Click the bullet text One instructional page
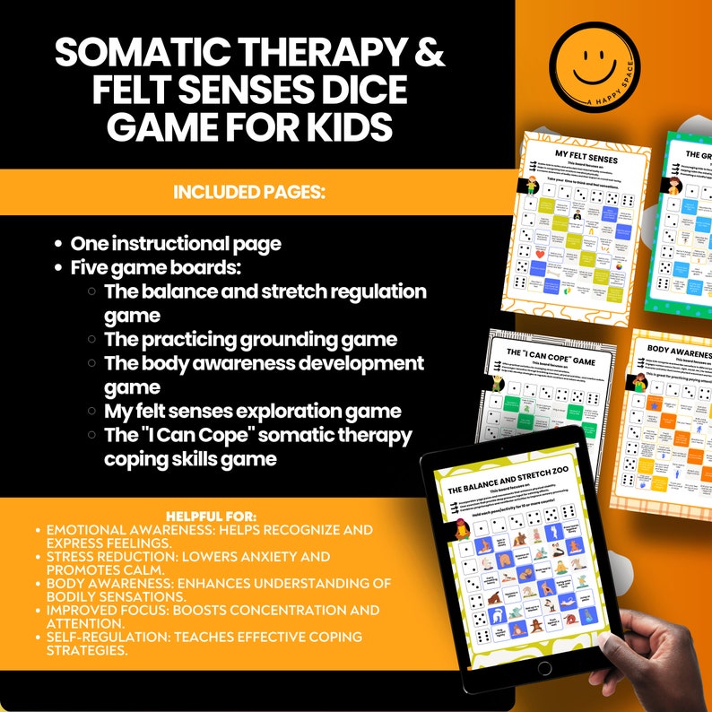[x=176, y=244]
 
